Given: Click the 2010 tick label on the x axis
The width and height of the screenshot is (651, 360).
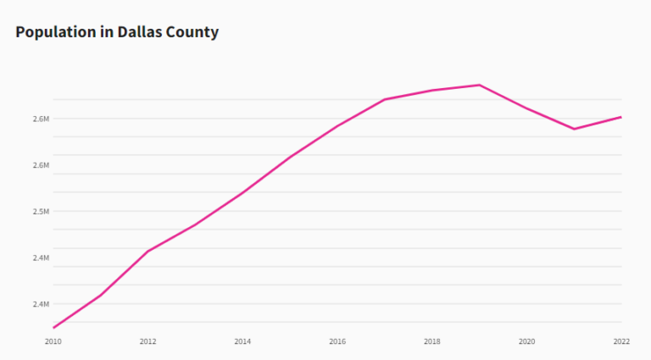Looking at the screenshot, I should coord(53,341).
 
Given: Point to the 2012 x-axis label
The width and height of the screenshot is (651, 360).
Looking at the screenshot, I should coord(147,341).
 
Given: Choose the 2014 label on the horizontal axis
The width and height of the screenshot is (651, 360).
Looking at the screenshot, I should coord(242,341).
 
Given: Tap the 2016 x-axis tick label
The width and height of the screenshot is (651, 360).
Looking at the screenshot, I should coord(337,341).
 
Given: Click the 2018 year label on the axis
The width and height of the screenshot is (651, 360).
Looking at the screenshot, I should coord(431,341).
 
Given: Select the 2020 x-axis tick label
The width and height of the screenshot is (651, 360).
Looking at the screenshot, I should coord(526,341).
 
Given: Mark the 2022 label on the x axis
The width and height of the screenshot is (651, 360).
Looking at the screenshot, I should coord(620,341).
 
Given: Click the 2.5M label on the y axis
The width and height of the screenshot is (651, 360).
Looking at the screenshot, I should coord(41,211).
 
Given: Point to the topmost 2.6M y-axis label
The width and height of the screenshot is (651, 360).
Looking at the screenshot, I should coord(41,119).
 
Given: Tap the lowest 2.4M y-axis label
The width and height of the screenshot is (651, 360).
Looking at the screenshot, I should coord(41,304).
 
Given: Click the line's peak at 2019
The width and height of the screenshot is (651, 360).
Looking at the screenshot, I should coord(480,85).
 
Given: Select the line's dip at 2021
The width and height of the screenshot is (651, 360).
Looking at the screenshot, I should coord(574,129).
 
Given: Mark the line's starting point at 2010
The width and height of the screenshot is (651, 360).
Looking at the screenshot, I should coord(53,328).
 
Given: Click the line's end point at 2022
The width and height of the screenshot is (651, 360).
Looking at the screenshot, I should coord(621,117).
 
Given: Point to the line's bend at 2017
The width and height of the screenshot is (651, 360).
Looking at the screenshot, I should coord(385,99).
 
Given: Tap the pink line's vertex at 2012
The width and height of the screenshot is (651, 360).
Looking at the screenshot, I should coord(147,252).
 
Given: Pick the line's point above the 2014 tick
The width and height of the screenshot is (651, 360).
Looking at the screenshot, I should coord(242,193).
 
